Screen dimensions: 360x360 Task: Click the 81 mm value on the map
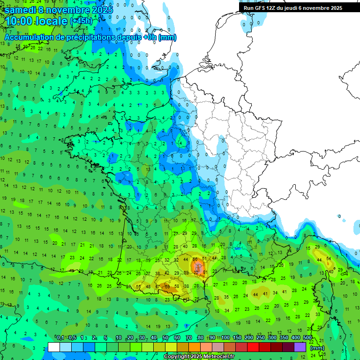[205, 272]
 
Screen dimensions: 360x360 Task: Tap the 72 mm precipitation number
[196, 272]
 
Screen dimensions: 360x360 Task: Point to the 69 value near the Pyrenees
[167, 286]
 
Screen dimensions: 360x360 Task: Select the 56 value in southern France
[195, 259]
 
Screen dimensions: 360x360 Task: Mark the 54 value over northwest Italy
[329, 259]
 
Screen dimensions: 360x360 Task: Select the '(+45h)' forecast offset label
[81, 21]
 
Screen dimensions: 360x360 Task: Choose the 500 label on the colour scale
[307, 338]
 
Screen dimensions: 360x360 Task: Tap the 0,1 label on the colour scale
[60, 338]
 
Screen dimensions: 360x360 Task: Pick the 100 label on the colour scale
[225, 338]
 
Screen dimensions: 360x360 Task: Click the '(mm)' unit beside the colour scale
[317, 348]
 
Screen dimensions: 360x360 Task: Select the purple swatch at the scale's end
[300, 347]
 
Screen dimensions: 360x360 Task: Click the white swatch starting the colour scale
[54, 347]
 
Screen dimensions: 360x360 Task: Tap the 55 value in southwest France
[138, 286]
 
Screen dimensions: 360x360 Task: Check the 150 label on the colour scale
[237, 338]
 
